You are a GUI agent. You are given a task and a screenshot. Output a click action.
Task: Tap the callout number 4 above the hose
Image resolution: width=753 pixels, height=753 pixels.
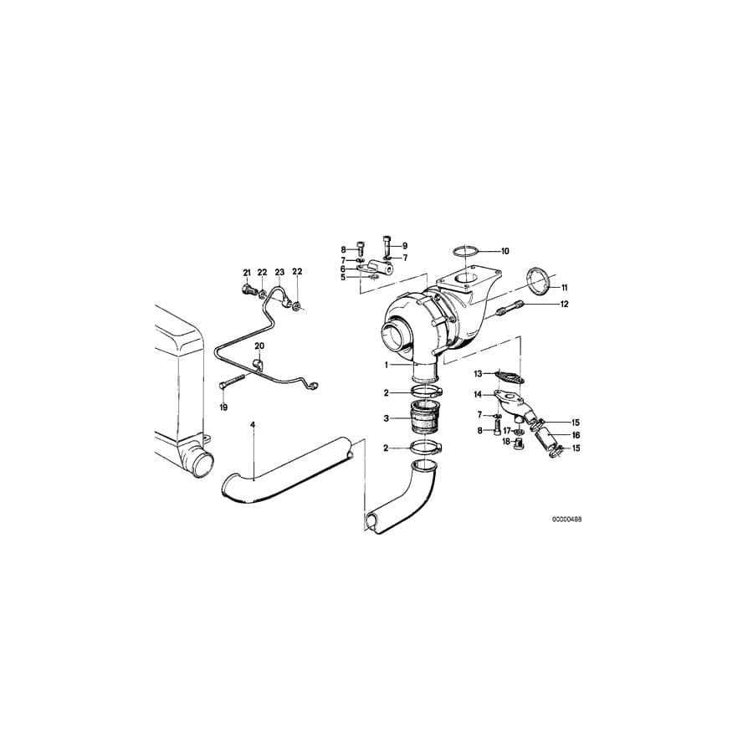[253, 425]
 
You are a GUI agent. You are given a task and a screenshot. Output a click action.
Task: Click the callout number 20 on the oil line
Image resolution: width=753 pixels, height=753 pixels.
[259, 346]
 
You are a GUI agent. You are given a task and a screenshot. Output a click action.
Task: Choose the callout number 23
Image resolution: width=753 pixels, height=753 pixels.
[279, 273]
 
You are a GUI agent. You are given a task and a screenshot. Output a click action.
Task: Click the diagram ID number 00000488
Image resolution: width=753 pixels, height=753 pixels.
[566, 519]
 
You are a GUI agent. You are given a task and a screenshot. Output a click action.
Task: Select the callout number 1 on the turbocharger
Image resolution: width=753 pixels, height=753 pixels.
[387, 365]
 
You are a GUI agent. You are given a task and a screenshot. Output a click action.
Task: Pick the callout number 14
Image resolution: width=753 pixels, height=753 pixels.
[479, 394]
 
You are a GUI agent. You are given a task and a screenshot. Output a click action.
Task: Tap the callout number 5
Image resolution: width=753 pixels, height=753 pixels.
[342, 277]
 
